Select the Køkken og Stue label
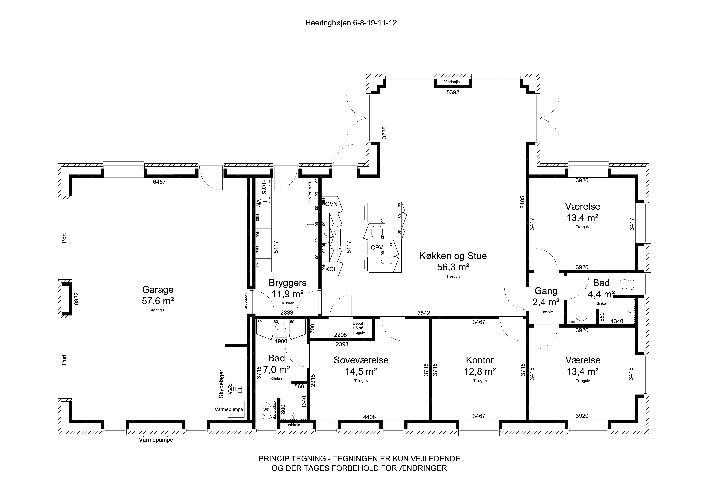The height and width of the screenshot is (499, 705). (x=453, y=256)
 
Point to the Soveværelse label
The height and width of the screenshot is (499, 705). (x=361, y=360)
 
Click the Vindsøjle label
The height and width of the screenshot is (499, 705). (x=452, y=82)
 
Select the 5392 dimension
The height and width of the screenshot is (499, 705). (x=453, y=92)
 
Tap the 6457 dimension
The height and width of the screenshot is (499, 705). (x=159, y=182)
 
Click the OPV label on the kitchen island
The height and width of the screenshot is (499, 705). (x=377, y=247)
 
